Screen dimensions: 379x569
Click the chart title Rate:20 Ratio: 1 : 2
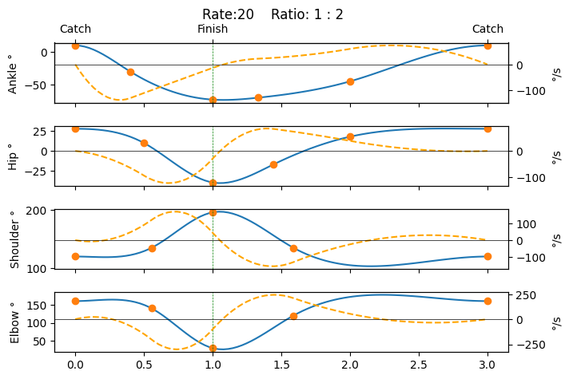pos(284,14)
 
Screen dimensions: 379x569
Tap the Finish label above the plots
pos(213,30)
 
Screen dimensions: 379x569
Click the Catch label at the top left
pos(75,30)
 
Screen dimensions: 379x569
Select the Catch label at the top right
pos(487,30)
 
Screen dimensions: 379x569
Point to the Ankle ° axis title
pos(13,73)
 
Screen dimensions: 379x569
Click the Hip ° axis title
pos(13,156)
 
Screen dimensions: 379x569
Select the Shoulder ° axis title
pos(13,239)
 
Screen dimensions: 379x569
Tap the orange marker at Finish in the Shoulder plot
pos(213,212)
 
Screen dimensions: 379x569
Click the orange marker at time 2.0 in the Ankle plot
pos(350,81)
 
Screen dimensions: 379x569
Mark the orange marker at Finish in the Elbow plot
pos(213,348)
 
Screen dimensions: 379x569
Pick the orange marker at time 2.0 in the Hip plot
pos(350,136)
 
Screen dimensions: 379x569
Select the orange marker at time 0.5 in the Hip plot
pos(144,143)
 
